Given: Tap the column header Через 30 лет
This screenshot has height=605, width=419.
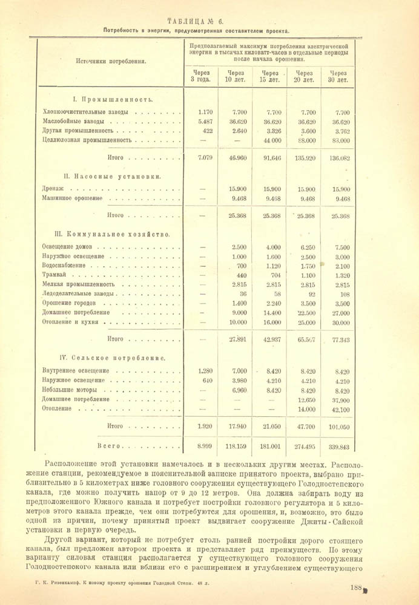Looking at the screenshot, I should tap(338, 76).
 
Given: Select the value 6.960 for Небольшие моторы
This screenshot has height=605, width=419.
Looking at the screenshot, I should tap(240, 390).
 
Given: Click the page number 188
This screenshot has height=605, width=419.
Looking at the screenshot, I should tap(356, 587).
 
